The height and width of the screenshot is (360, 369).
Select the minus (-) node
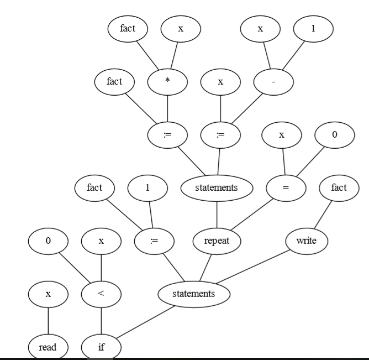[x=273, y=82]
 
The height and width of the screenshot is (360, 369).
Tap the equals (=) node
[x=286, y=188]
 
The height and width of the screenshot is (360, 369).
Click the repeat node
[x=217, y=241]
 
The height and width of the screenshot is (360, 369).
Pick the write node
[x=306, y=241]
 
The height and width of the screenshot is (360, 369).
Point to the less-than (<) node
[x=101, y=294]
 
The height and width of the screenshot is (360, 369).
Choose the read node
[x=48, y=347]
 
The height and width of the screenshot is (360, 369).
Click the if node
[x=101, y=347]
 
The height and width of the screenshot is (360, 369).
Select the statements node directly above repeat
[x=217, y=188]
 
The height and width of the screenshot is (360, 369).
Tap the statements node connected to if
[x=193, y=294]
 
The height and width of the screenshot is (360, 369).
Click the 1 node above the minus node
[x=313, y=29]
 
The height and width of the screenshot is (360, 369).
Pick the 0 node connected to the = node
[x=334, y=135]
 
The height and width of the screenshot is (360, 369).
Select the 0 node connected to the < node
[x=48, y=241]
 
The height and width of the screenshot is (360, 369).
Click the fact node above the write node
[x=339, y=188]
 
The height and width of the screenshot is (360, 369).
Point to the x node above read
[x=48, y=294]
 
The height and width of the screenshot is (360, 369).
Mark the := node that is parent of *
[x=167, y=135]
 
